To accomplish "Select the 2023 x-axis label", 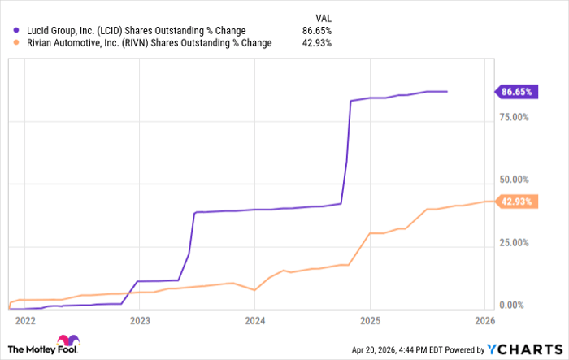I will tap(139, 320).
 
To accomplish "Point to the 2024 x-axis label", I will tap(254, 320).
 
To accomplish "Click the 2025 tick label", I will tap(370, 320).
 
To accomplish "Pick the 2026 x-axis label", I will tap(485, 320).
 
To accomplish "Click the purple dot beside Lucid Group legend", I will tap(9, 31).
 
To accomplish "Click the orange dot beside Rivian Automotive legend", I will tap(9, 43).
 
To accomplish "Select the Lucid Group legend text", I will tap(130, 31).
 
